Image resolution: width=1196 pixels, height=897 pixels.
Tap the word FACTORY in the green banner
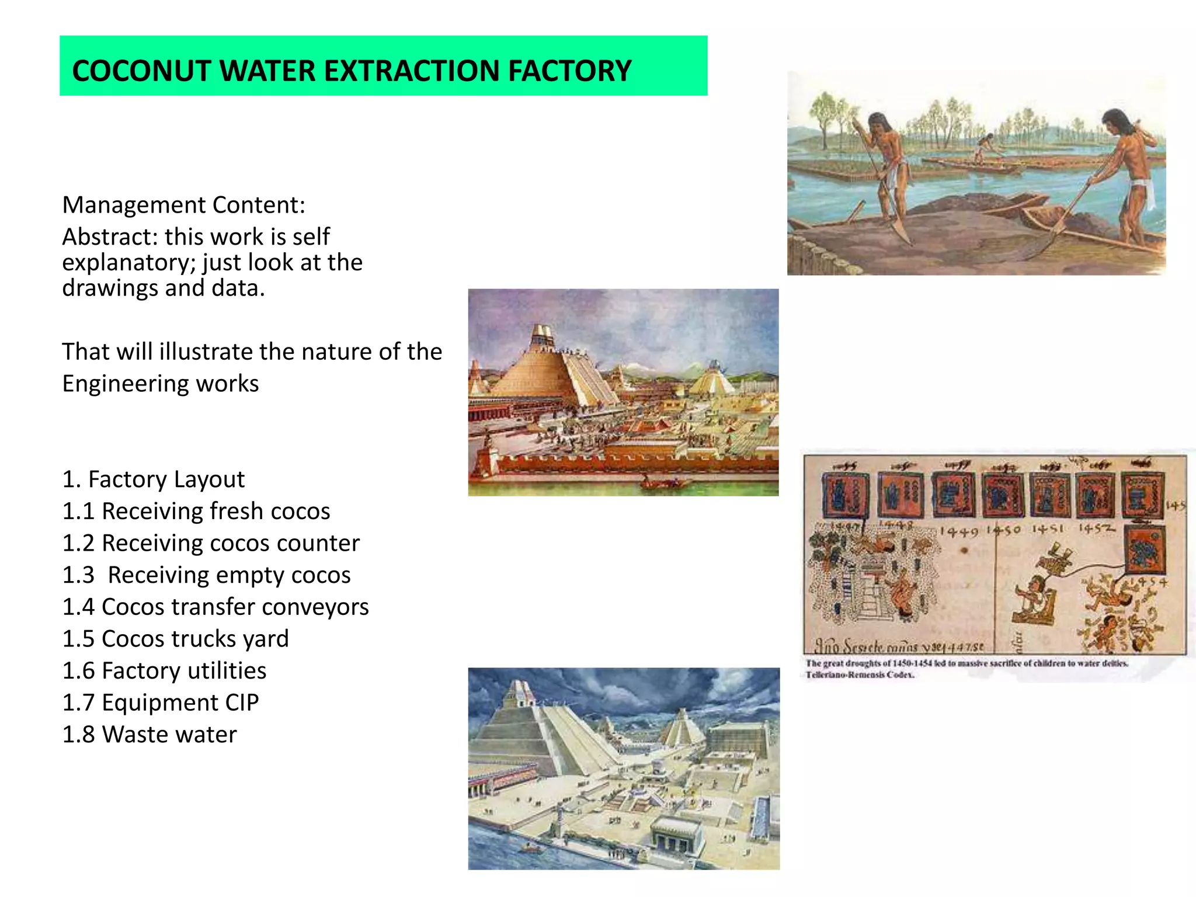click(569, 71)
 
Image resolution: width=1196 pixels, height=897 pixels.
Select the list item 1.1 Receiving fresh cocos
click(196, 512)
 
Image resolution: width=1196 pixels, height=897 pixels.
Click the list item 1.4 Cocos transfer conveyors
click(215, 607)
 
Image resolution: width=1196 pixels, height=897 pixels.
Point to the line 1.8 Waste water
click(149, 735)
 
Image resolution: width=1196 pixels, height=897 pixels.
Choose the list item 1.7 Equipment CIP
click(161, 703)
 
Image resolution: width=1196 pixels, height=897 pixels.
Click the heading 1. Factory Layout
click(154, 479)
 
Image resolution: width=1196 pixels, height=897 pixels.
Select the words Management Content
click(183, 206)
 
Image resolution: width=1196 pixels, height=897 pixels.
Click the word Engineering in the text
click(125, 384)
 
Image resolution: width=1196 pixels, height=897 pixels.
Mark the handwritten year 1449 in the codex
click(958, 532)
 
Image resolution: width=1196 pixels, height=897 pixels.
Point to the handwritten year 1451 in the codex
click(1047, 529)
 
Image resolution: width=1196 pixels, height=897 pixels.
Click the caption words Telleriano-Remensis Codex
click(860, 675)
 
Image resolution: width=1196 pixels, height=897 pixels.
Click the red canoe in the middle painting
click(661, 484)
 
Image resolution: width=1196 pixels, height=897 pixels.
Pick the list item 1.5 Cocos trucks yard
click(175, 639)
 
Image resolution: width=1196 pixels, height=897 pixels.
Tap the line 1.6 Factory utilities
click(164, 671)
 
